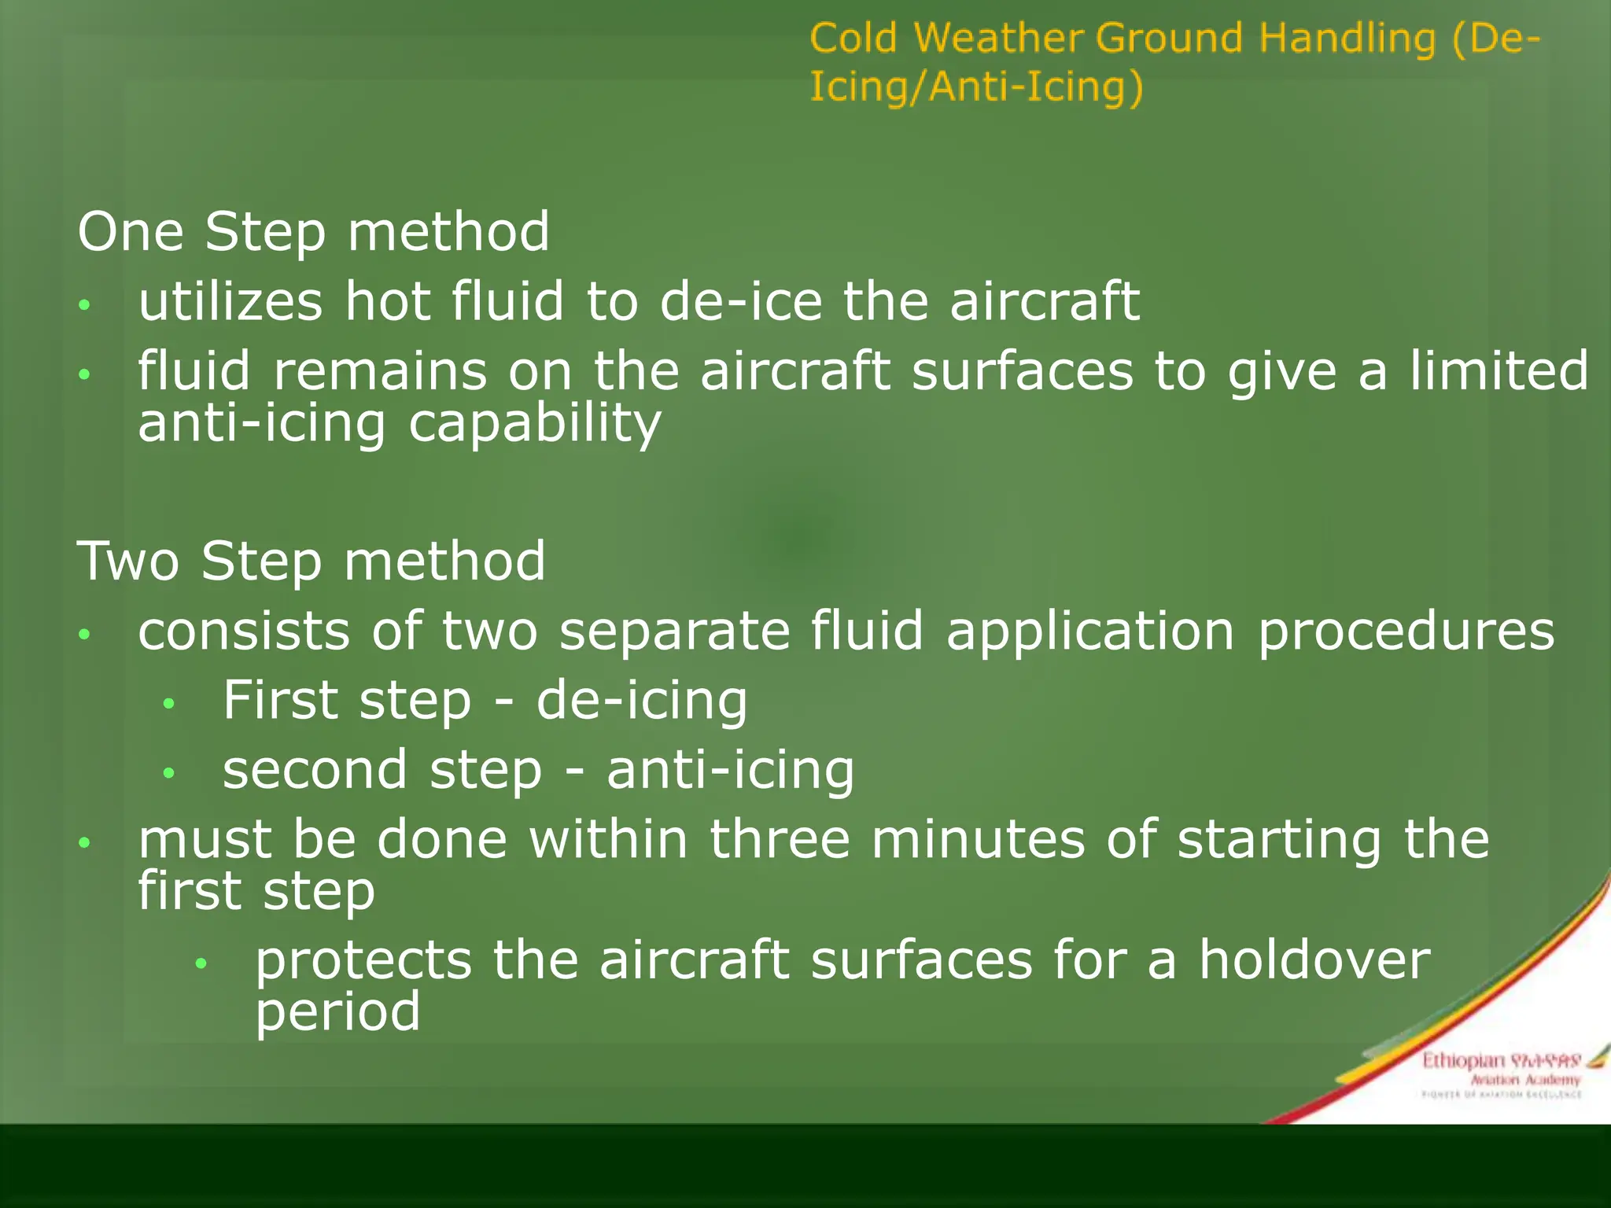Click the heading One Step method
[313, 232]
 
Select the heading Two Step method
[312, 562]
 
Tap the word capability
[535, 424]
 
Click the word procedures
[1406, 632]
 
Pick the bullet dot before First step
[168, 704]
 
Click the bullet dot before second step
[168, 773]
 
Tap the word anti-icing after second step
[730, 770]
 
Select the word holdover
[1314, 960]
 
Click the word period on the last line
[337, 1012]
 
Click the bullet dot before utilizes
[85, 305]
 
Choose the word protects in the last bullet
[363, 962]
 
